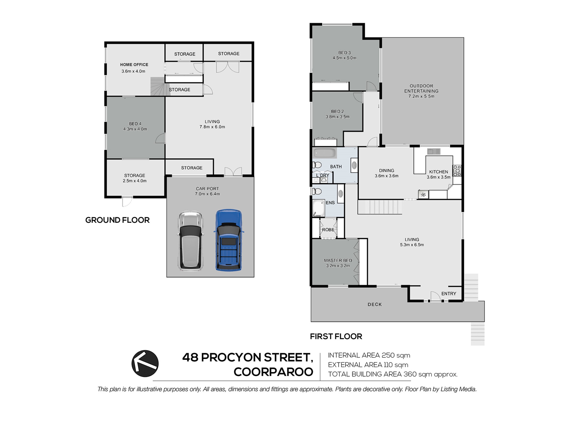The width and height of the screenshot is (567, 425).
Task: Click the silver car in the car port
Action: pos(190,241)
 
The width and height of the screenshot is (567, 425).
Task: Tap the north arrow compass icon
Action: pos(145,364)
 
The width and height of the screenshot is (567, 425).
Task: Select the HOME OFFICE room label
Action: pos(134,65)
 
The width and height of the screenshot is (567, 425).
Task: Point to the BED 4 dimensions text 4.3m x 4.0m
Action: pos(135,129)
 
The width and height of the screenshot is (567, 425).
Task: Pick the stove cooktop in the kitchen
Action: pos(457,171)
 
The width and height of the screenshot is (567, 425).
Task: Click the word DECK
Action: pos(375,304)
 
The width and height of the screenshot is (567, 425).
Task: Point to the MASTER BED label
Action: pos(338,260)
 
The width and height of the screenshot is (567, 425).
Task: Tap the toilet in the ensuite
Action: pos(317,191)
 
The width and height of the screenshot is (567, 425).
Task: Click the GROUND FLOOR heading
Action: pos(117,220)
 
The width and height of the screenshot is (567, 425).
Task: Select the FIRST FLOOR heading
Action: pos(336,336)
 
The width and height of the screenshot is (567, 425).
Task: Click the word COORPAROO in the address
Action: pos(273,372)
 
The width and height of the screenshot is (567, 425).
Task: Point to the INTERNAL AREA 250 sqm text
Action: pos(369,355)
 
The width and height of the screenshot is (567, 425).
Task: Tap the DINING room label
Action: pos(387,170)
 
